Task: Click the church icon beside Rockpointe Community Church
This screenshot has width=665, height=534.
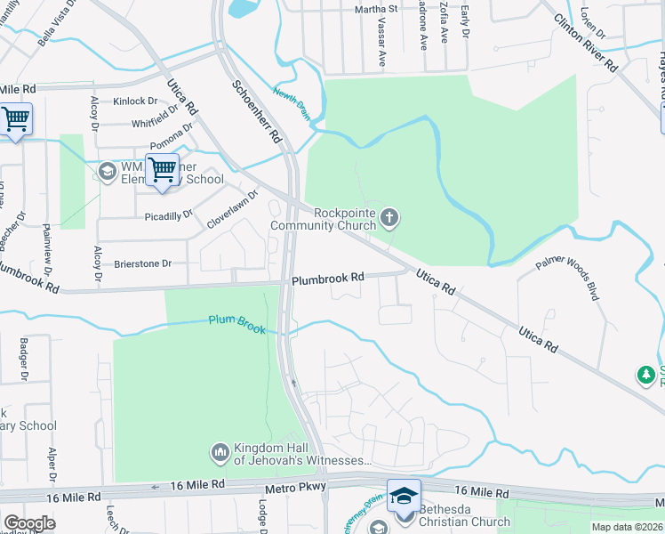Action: pyautogui.click(x=389, y=217)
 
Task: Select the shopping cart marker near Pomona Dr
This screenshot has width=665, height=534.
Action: pyautogui.click(x=162, y=169)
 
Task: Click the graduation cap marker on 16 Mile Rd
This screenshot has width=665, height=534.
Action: pyautogui.click(x=404, y=496)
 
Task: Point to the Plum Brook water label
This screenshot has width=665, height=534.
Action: pyautogui.click(x=237, y=322)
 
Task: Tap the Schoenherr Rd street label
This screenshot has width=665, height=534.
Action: pyautogui.click(x=256, y=112)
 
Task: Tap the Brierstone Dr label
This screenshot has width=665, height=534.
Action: pyautogui.click(x=142, y=264)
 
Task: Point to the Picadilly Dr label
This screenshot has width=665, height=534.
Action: pyautogui.click(x=168, y=215)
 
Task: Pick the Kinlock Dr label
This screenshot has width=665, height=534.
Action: pyautogui.click(x=134, y=101)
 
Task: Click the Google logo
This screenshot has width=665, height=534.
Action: pyautogui.click(x=29, y=522)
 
